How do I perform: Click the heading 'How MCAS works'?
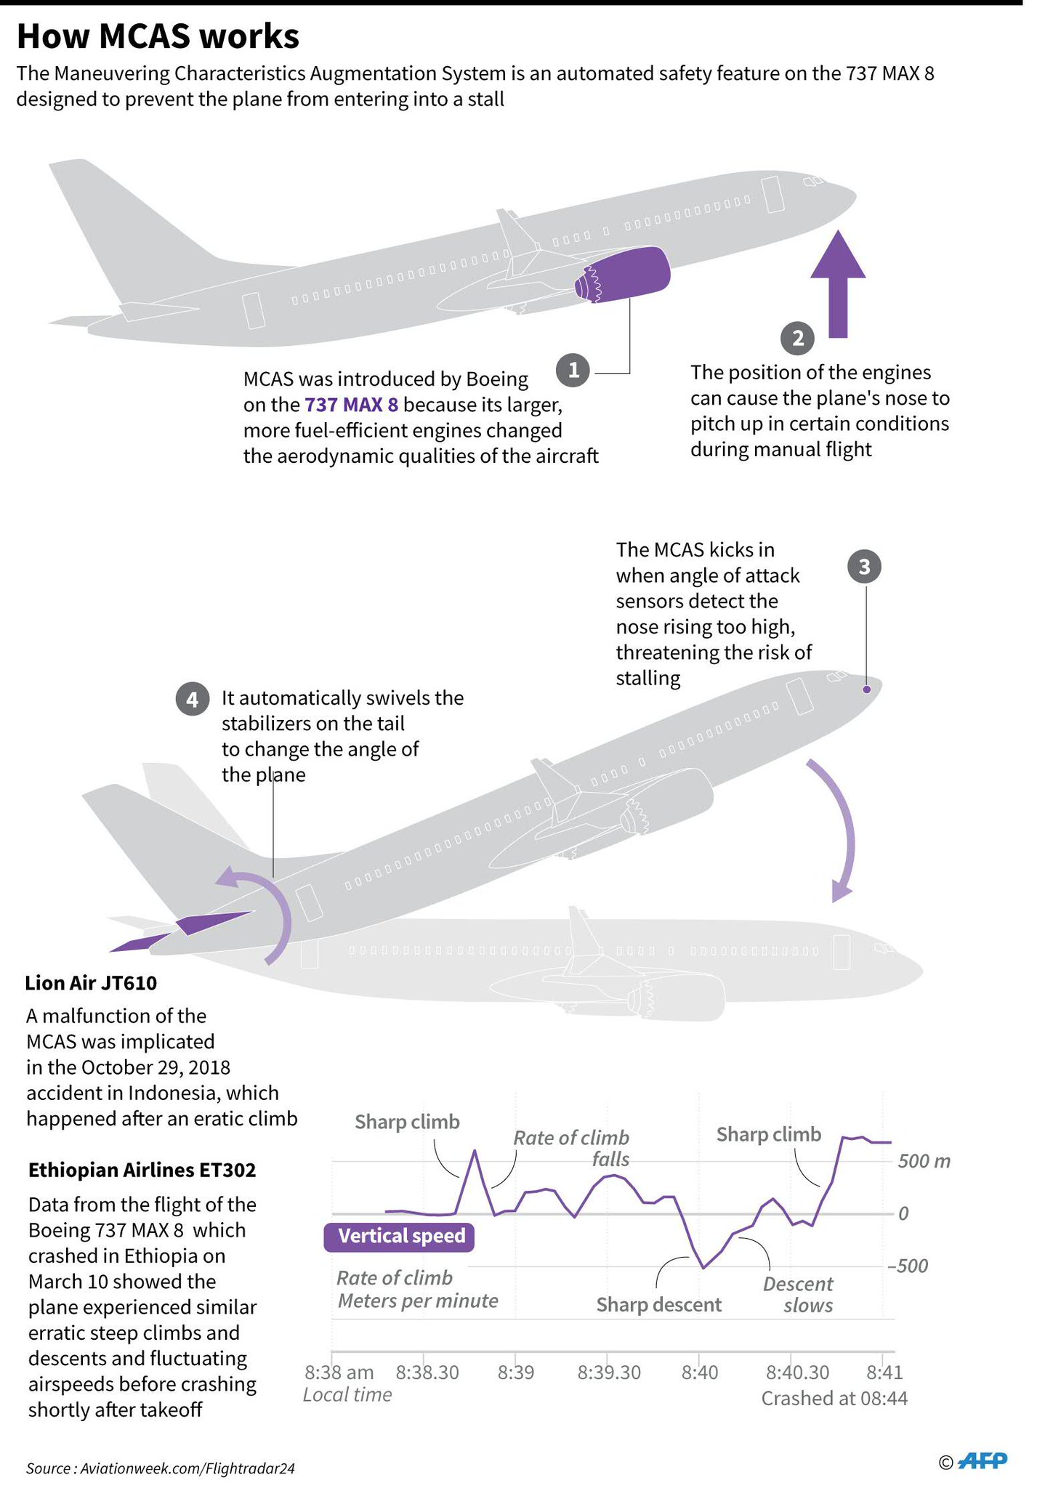(158, 36)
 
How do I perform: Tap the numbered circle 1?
(573, 371)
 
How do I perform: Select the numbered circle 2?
(797, 339)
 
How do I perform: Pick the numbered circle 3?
(864, 567)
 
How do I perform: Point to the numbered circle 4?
(192, 700)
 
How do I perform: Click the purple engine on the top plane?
(625, 275)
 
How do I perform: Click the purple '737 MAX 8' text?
(351, 405)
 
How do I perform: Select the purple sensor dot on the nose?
(866, 690)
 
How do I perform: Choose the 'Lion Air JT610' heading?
(91, 983)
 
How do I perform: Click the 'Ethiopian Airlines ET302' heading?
(142, 1170)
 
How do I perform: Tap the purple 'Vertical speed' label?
(399, 1236)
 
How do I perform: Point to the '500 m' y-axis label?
(924, 1161)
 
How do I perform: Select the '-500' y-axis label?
(907, 1266)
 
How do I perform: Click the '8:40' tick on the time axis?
(699, 1372)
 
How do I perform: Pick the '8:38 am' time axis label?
(339, 1372)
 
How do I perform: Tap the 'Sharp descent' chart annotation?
(658, 1305)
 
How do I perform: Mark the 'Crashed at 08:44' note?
(834, 1399)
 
